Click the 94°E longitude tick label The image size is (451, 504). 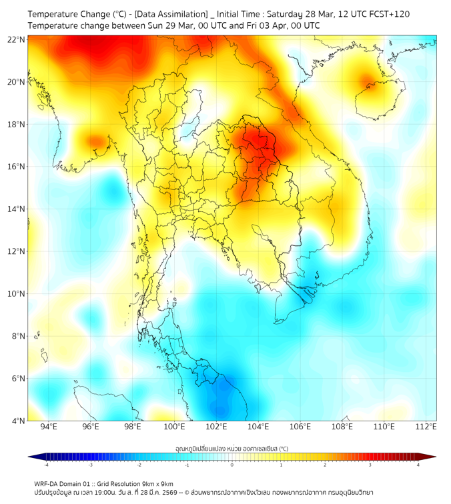(x=49, y=427)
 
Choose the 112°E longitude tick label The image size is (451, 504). (x=426, y=427)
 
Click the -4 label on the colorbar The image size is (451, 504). (x=46, y=465)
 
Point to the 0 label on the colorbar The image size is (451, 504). (x=232, y=465)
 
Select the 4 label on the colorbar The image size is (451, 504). (x=418, y=465)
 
